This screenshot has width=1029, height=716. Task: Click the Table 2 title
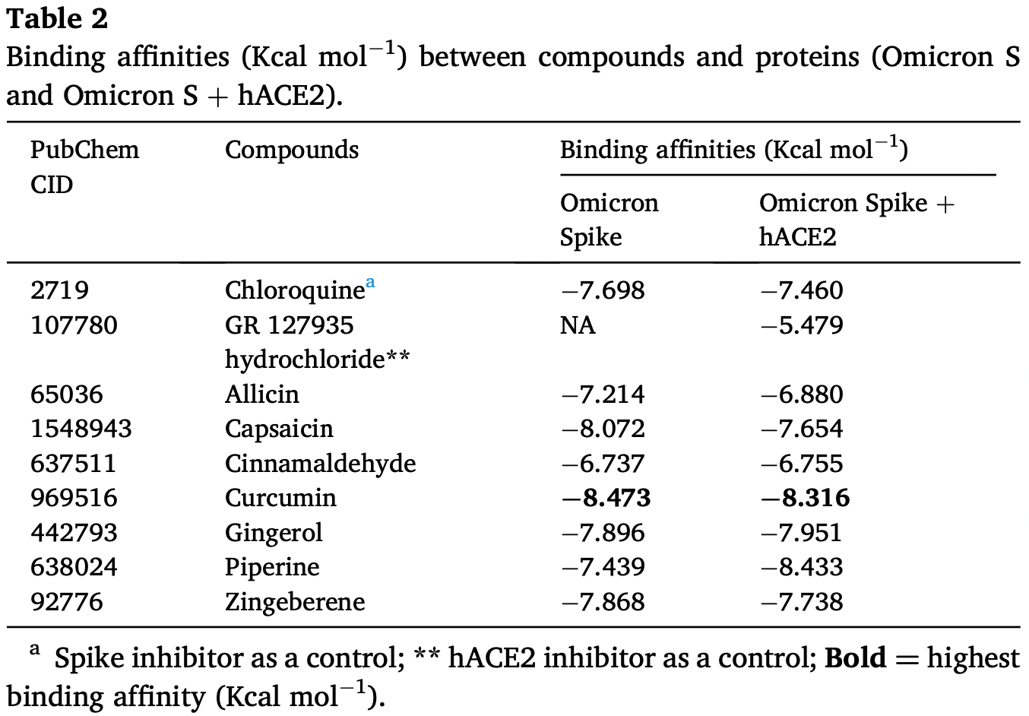point(57,19)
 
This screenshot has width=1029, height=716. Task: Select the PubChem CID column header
point(84,166)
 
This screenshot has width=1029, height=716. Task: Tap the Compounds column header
point(292,150)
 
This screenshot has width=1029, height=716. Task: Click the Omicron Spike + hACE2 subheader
point(857,220)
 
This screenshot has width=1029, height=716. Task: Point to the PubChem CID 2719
point(60,290)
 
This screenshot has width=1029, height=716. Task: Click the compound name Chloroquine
point(295,290)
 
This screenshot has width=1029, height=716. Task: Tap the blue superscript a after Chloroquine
point(370,282)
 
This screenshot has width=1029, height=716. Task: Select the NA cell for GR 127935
point(578,325)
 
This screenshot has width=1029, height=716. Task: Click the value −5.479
point(802,325)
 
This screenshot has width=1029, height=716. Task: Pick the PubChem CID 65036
point(67,394)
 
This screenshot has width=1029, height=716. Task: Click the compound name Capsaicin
point(280,429)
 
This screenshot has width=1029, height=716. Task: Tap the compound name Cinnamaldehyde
point(320,463)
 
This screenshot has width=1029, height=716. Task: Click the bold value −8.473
point(606,498)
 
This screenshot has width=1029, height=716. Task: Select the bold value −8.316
point(805,498)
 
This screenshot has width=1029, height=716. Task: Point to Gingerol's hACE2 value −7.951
point(801,533)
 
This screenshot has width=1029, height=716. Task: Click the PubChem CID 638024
point(74,567)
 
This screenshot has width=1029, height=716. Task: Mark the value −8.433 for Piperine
point(802,567)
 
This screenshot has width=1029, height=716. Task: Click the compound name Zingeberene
point(295,603)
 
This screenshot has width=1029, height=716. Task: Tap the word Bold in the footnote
point(855,657)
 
